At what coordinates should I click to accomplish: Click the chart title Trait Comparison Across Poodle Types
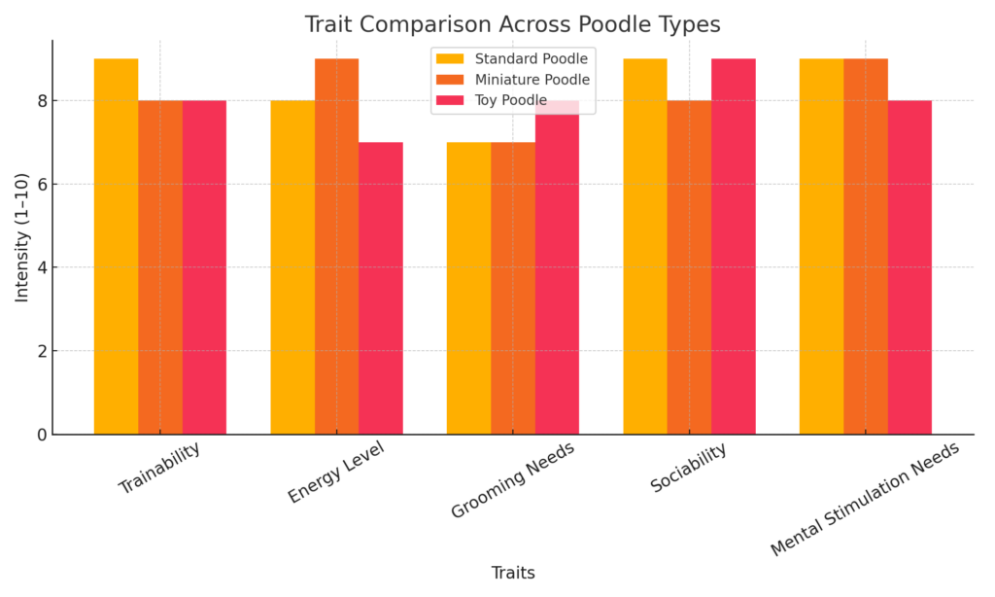pyautogui.click(x=512, y=23)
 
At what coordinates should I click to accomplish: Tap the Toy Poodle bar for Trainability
pyautogui.click(x=204, y=267)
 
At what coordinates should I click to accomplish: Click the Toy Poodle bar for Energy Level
pyautogui.click(x=381, y=288)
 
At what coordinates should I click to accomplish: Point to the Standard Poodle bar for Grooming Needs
pyautogui.click(x=468, y=288)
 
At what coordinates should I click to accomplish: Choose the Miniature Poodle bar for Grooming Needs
pyautogui.click(x=513, y=288)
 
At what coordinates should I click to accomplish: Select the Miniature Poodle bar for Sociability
pyautogui.click(x=689, y=267)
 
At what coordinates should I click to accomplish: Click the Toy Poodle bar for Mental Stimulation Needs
pyautogui.click(x=909, y=267)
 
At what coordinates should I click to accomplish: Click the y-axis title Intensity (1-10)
pyautogui.click(x=21, y=237)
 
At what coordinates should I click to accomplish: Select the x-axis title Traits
pyautogui.click(x=512, y=573)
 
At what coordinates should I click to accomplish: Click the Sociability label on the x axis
pyautogui.click(x=688, y=469)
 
